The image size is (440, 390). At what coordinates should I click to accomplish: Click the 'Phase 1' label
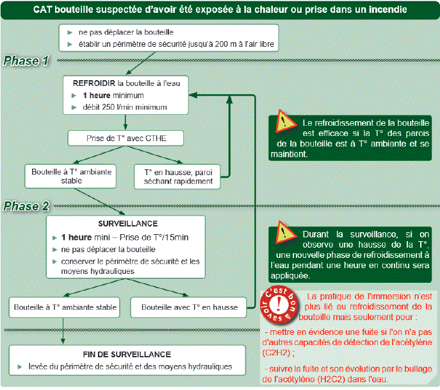coord(27,62)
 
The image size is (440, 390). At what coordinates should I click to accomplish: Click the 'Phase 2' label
coord(27,207)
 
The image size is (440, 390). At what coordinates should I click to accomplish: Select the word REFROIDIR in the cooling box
coord(94,83)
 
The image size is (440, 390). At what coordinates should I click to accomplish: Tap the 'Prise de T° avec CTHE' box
coord(126,139)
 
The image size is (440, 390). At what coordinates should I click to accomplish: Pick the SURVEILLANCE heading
coord(126,224)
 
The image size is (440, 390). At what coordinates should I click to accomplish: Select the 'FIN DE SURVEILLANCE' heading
coord(126,354)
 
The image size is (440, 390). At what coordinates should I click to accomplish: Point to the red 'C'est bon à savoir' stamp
coord(280,306)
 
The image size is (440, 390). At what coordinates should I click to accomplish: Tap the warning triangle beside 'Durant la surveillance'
coord(283,233)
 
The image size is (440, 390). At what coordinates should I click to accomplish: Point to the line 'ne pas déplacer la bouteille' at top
coord(126,31)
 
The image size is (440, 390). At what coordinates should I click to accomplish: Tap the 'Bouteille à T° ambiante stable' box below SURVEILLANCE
coord(65,307)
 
